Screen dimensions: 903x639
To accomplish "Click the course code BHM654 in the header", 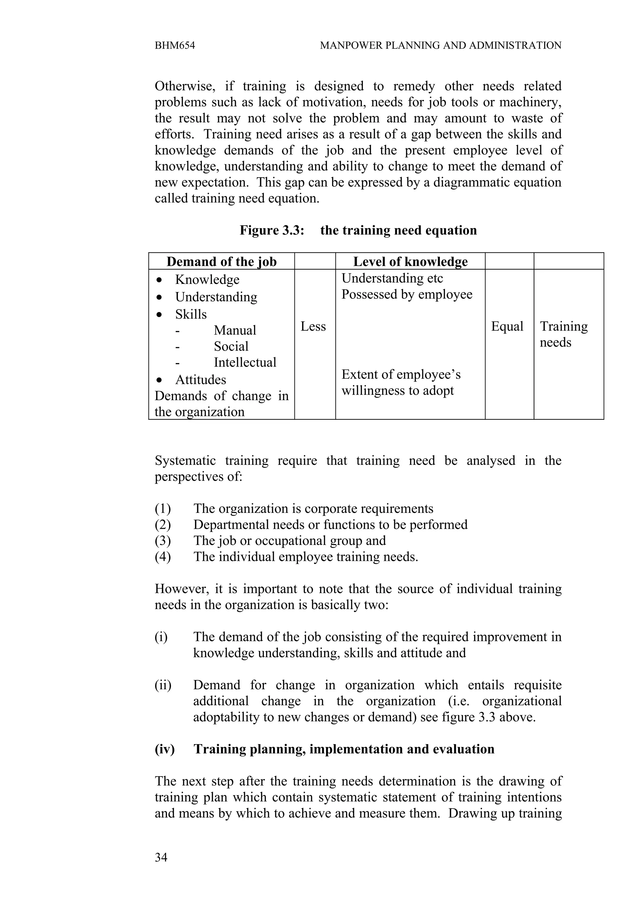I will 175,45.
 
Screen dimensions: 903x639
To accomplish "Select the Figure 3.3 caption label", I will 272,230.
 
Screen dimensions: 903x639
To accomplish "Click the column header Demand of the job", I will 221,261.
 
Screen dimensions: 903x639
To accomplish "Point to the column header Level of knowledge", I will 410,261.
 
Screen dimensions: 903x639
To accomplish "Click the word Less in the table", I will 313,327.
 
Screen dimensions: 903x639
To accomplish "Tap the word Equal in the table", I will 507,327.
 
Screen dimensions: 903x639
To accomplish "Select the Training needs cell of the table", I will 563,334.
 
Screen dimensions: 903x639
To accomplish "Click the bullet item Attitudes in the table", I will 200,380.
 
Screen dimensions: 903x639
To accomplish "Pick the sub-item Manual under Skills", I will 235,330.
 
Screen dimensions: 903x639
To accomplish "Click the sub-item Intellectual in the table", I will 245,362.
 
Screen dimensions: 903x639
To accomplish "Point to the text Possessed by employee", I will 407,294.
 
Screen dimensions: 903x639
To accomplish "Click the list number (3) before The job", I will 163,541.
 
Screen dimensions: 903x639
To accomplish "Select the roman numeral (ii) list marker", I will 163,685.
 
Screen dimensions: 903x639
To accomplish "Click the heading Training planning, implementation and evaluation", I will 344,749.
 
